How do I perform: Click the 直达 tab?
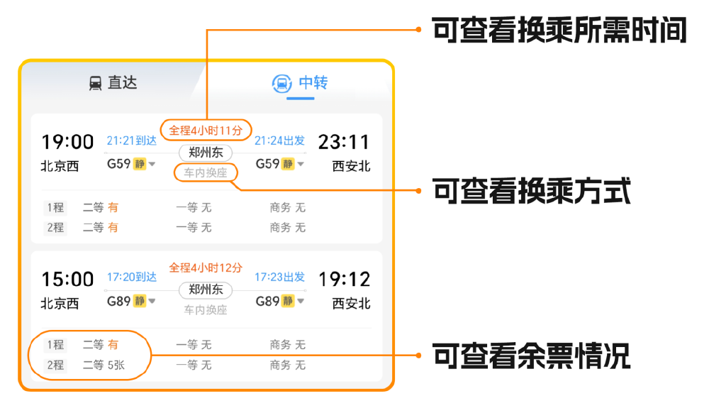[x=113, y=83]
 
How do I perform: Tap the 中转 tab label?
[x=313, y=83]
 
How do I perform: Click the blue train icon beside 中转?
[x=281, y=84]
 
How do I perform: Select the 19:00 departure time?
[x=67, y=142]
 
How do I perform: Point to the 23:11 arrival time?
[x=344, y=142]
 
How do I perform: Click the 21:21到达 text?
[x=132, y=141]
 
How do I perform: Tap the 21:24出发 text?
[x=280, y=141]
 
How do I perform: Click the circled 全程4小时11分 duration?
[x=206, y=131]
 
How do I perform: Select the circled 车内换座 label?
[x=206, y=173]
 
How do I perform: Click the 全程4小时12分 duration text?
[x=206, y=268]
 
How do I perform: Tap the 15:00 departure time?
[x=67, y=279]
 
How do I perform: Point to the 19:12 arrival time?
[x=345, y=279]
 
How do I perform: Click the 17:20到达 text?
[x=132, y=277]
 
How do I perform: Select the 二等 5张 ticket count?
[x=104, y=365]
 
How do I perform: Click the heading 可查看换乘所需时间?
[x=559, y=31]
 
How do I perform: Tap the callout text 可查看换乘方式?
[x=531, y=191]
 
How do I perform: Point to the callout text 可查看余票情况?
[x=531, y=356]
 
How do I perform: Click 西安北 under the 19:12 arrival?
[x=352, y=304]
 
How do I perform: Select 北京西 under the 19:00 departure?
[x=60, y=167]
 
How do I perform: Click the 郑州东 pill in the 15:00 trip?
[x=206, y=290]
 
